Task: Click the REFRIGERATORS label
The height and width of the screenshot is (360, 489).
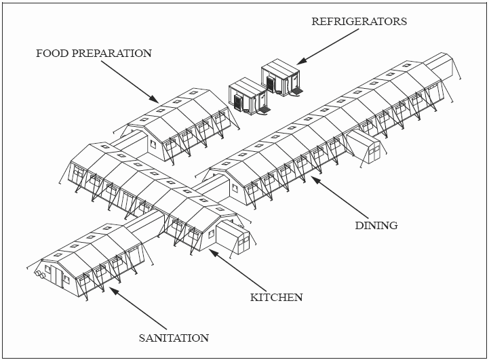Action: click(x=359, y=21)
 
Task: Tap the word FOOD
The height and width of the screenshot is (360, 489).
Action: click(x=54, y=53)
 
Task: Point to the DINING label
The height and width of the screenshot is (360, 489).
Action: click(x=376, y=225)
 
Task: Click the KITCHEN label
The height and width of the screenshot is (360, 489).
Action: click(x=276, y=297)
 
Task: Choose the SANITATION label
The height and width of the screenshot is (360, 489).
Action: click(x=174, y=337)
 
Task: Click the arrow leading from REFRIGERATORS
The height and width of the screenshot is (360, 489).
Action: click(x=328, y=48)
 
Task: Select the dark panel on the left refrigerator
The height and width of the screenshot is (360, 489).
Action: click(x=238, y=102)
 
